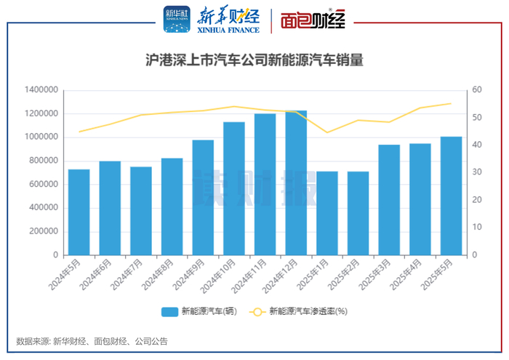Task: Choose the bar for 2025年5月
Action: tap(451, 196)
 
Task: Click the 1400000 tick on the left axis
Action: tap(41, 90)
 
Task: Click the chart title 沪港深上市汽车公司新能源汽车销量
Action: tap(254, 61)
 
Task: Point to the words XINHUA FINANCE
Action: tap(228, 31)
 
